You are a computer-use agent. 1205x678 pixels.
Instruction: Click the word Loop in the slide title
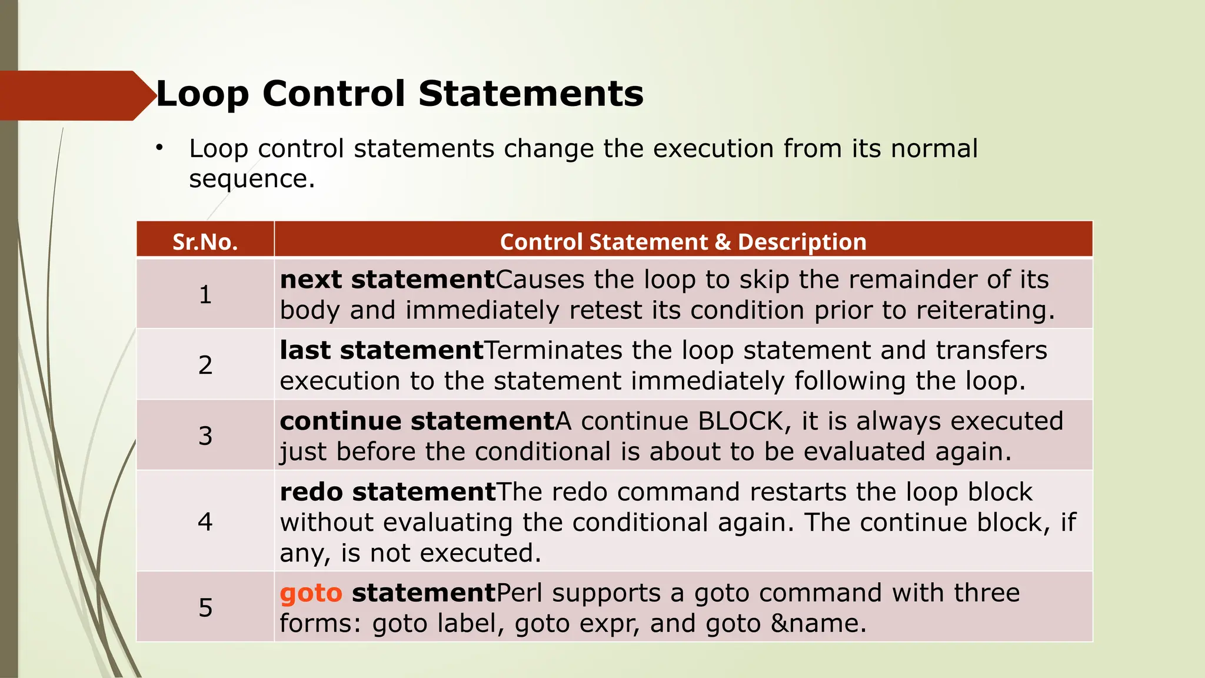tap(202, 94)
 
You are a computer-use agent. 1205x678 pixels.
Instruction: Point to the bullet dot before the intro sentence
tap(159, 148)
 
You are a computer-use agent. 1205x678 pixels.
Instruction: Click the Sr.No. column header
tap(205, 242)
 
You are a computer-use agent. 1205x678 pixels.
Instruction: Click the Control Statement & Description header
tap(683, 242)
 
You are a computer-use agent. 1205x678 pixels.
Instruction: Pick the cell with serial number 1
tap(205, 294)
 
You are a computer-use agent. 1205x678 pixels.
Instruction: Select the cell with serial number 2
tap(205, 365)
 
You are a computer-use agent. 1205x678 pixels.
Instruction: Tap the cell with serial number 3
tap(205, 436)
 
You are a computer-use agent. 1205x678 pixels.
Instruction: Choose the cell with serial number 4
tap(205, 521)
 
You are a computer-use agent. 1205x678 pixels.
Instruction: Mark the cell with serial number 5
tap(205, 607)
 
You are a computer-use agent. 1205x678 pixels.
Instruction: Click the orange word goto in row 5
tap(311, 593)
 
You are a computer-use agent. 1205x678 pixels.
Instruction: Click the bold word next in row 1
tap(311, 280)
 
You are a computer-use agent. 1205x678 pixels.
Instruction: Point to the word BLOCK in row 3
tap(740, 421)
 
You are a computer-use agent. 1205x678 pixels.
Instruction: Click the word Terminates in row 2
tap(553, 351)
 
